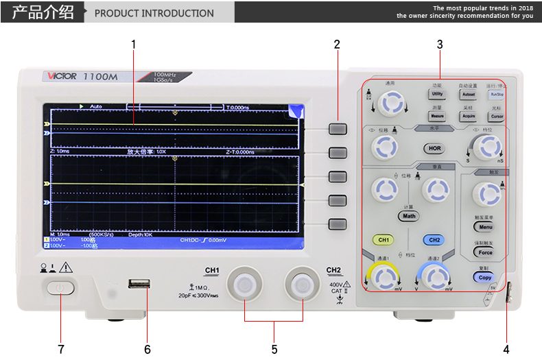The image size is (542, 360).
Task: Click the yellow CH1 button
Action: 383,240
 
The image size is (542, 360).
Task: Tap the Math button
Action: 409,216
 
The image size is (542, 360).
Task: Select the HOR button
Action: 434,148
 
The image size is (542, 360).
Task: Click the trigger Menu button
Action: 486,226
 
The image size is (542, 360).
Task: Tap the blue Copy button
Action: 484,278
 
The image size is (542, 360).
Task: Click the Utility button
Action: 437,95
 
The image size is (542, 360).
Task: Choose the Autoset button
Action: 468,95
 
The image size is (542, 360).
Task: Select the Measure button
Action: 437,117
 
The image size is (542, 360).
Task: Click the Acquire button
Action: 468,117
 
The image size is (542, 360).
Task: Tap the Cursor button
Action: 497,117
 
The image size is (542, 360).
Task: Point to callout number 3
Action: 440,45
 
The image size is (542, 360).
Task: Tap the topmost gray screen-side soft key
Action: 337,128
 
